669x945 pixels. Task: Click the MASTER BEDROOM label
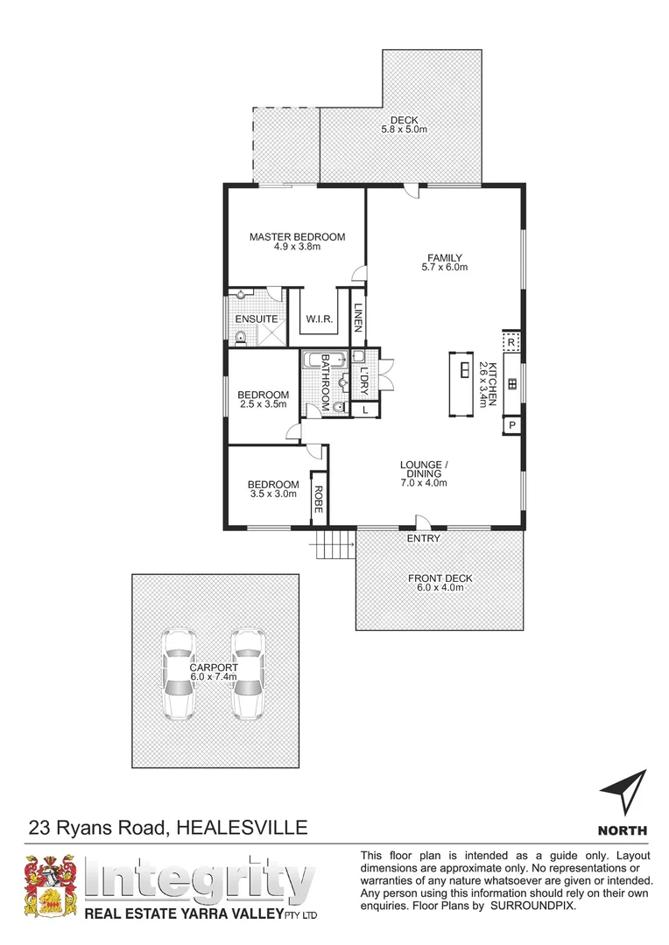[297, 236]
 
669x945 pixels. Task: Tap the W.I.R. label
[317, 319]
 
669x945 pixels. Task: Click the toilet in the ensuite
[240, 336]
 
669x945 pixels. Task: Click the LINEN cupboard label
[357, 317]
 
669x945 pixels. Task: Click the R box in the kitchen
[511, 340]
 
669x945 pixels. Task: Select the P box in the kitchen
[512, 425]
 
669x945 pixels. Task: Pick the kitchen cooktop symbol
[512, 382]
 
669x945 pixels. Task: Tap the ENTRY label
[423, 538]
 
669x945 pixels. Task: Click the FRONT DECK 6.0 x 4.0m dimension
[440, 588]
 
